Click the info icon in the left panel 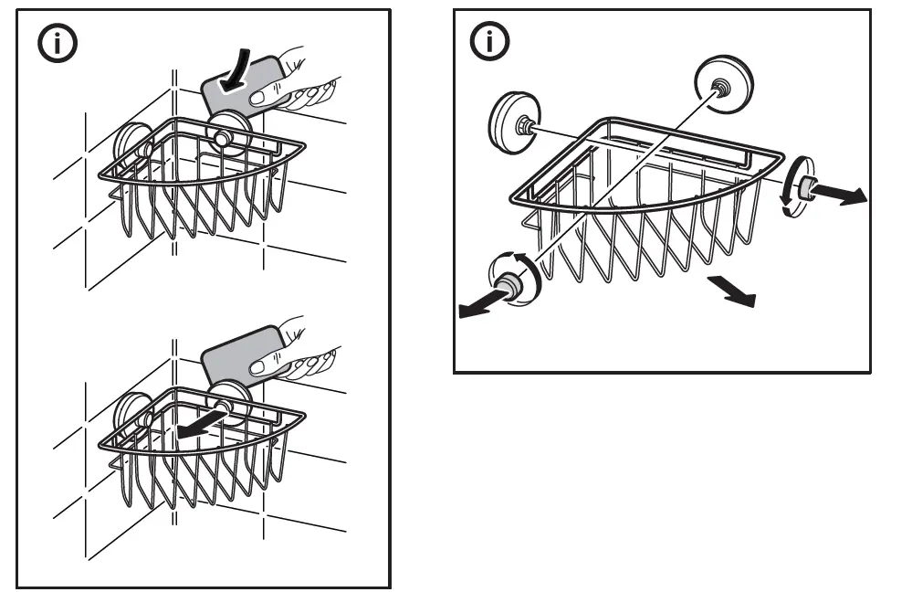57,43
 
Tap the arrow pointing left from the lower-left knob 480,307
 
